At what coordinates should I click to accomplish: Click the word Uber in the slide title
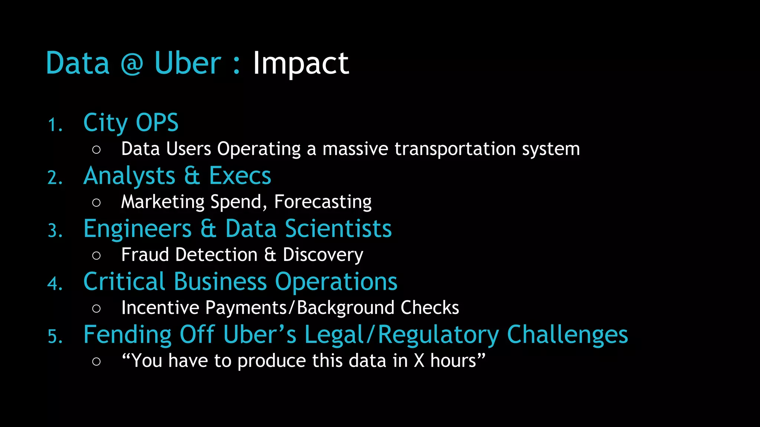(x=187, y=63)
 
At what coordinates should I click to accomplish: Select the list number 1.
(x=55, y=125)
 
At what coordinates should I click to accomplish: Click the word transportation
(x=455, y=149)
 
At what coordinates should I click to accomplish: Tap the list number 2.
(x=55, y=178)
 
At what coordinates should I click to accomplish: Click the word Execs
(x=240, y=176)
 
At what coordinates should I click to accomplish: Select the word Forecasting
(x=323, y=202)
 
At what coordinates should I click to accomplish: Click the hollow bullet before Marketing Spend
(x=96, y=202)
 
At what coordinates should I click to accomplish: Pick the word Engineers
(x=138, y=229)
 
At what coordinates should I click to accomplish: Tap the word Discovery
(x=323, y=255)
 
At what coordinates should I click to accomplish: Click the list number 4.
(x=55, y=284)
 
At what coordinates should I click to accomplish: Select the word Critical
(x=124, y=282)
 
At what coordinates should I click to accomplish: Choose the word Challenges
(x=567, y=335)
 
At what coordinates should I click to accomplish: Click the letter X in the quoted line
(x=419, y=361)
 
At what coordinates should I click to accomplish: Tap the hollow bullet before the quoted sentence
(x=96, y=361)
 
